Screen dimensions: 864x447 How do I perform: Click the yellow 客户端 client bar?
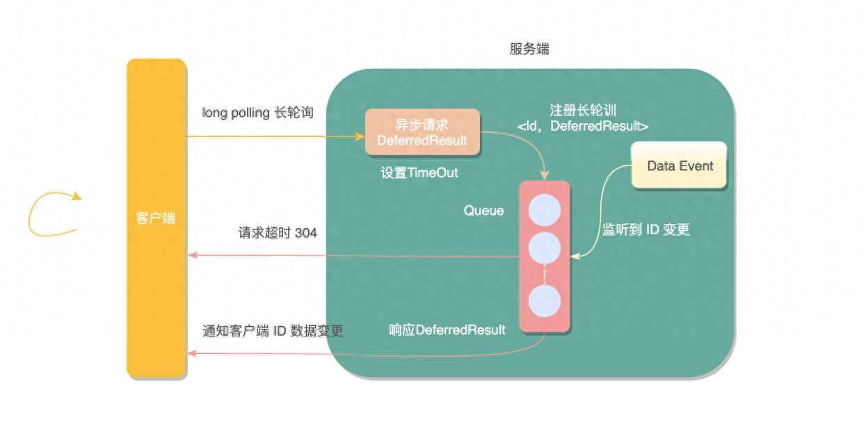(157, 218)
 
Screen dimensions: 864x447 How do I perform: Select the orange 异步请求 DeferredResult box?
(422, 132)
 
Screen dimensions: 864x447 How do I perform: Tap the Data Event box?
(679, 165)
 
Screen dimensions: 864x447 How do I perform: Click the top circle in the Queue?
(544, 210)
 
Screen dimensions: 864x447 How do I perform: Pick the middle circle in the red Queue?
(544, 247)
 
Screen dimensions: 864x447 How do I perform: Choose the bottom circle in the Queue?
(544, 301)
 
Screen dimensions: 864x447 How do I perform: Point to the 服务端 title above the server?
(529, 49)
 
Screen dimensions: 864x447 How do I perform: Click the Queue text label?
(483, 211)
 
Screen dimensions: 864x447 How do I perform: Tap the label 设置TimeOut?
(419, 172)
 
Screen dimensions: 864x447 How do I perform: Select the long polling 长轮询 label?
(257, 113)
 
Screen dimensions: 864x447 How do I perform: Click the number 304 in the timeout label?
(306, 233)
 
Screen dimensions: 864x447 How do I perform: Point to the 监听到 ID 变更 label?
(646, 229)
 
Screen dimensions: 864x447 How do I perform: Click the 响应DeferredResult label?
(447, 330)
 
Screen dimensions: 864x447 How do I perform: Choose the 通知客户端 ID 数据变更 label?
(273, 331)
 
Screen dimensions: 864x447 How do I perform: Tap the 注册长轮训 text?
(583, 111)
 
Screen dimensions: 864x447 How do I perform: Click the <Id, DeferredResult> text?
(583, 126)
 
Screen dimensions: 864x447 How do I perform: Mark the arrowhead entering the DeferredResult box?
(360, 136)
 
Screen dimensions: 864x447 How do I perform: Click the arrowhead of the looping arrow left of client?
(77, 197)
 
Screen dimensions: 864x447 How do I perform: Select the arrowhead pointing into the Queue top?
(544, 175)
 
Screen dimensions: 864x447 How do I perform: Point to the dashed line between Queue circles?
(544, 275)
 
